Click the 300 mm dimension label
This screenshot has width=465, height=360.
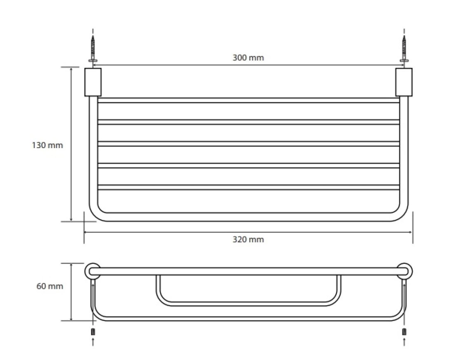tap(248, 58)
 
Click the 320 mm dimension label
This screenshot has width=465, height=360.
tap(248, 239)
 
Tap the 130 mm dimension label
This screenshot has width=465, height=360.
tap(47, 145)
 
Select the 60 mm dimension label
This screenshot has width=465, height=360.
tap(50, 286)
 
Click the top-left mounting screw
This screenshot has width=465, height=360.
tap(93, 49)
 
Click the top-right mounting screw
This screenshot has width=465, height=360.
tap(404, 49)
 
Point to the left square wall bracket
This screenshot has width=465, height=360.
tap(93, 82)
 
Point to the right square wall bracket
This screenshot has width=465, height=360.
tap(404, 82)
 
